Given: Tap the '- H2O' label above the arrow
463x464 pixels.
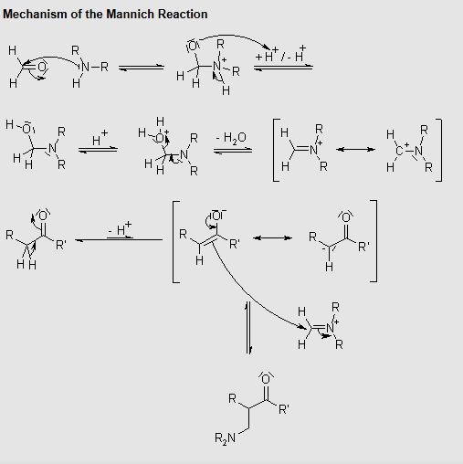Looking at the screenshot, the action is click(x=231, y=138).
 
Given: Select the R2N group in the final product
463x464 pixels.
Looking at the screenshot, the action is click(x=225, y=438).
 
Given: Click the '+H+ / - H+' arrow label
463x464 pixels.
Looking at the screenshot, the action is click(x=280, y=54).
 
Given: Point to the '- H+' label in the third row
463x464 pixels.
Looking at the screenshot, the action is click(x=120, y=228).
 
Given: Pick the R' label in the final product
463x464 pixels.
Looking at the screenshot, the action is click(x=284, y=409).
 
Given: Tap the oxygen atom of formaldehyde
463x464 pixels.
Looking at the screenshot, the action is click(x=42, y=67).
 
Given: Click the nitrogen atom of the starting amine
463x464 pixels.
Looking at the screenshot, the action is click(x=85, y=67).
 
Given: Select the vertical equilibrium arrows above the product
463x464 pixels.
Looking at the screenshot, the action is click(x=248, y=328).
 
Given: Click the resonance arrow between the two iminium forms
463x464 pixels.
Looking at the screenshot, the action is click(x=355, y=149).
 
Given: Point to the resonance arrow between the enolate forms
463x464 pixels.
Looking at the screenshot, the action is click(x=272, y=237).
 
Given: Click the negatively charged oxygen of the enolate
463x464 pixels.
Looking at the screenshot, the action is click(x=216, y=216).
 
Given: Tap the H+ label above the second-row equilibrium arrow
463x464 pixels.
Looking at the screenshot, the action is click(x=100, y=138).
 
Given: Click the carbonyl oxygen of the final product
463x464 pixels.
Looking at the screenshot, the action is click(x=266, y=379).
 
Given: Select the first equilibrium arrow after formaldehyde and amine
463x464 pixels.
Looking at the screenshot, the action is click(x=142, y=68).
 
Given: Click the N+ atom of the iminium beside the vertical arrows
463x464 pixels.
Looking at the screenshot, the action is click(x=331, y=328).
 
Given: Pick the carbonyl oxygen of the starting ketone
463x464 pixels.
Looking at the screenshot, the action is click(x=43, y=216).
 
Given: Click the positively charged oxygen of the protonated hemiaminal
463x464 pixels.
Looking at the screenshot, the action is click(x=160, y=138).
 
